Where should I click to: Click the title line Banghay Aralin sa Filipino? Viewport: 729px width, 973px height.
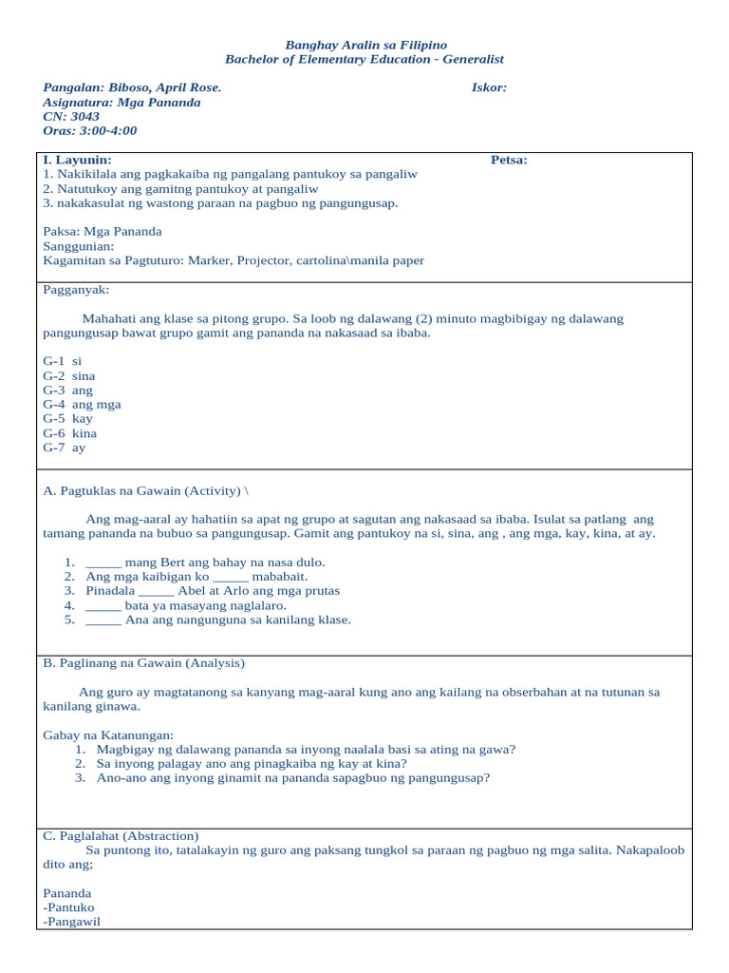coord(365,45)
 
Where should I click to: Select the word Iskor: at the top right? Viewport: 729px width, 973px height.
coord(489,87)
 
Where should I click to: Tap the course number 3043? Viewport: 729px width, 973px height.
coord(84,116)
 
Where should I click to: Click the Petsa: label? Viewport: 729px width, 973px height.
coord(509,160)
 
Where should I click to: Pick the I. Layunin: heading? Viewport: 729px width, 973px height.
coord(77,160)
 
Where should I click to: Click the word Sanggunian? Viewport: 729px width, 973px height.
coord(79,245)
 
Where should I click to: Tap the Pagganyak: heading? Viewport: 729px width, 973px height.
coord(76,289)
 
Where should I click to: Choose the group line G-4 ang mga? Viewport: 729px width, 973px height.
coord(83,404)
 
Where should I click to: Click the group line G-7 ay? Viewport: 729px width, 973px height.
coord(65,448)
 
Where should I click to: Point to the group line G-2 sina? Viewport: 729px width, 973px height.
coord(69,375)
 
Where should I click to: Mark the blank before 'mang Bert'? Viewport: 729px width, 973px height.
coord(103,562)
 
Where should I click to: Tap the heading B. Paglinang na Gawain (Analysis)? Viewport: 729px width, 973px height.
coord(144,662)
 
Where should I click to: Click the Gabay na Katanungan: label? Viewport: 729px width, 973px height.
coord(108,735)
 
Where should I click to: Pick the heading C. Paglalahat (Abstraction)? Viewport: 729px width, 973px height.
coord(121,835)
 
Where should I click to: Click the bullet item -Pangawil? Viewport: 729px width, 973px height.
coord(72,921)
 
